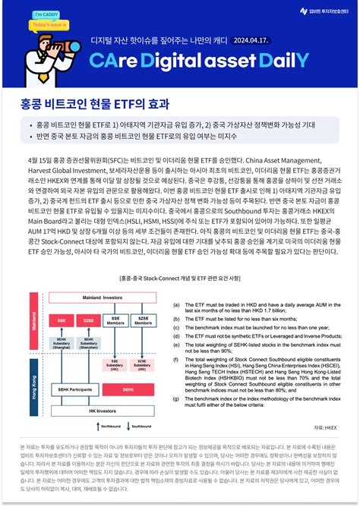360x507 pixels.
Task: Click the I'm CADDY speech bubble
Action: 26,15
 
